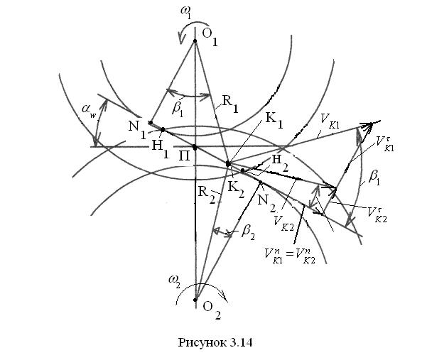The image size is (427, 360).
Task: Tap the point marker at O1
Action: [x=195, y=41]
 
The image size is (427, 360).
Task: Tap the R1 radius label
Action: [x=230, y=101]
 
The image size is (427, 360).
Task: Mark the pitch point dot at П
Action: [x=195, y=148]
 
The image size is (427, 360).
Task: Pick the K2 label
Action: [x=237, y=187]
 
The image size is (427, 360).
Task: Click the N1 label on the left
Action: [x=136, y=131]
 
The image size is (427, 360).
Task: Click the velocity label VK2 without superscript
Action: [x=285, y=219]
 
